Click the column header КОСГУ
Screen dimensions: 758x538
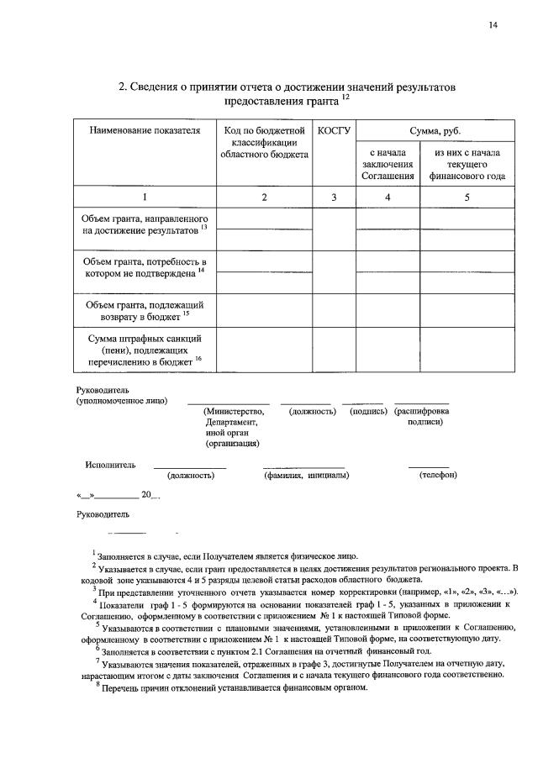coord(334,131)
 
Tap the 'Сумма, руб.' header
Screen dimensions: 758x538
coord(435,131)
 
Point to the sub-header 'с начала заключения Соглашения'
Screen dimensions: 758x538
coord(388,165)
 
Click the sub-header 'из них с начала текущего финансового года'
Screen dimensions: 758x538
coord(467,165)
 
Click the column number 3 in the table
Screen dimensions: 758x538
coord(334,197)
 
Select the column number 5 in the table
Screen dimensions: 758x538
coord(467,197)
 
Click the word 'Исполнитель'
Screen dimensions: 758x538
coord(110,464)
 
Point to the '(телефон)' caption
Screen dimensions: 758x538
coord(438,476)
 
